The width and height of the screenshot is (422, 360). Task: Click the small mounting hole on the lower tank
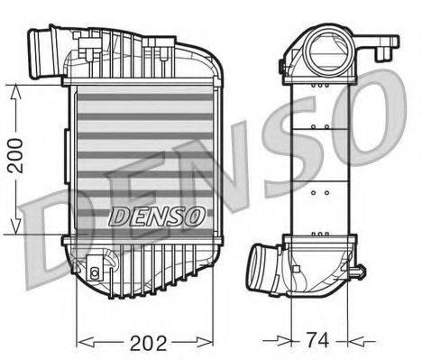click(x=95, y=270)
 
